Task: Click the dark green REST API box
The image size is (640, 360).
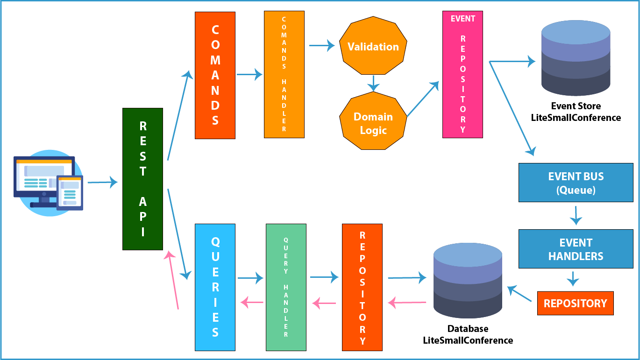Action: tap(142, 179)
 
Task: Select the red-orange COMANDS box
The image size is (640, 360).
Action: tap(215, 75)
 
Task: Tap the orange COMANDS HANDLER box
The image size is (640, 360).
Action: tap(284, 75)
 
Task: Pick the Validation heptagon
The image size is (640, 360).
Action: tap(373, 46)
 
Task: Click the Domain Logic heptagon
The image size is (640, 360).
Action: tap(373, 121)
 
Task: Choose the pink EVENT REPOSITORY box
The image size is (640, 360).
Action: tap(462, 75)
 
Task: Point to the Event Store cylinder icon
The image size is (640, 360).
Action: tap(576, 58)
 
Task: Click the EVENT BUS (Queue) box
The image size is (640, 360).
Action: tap(576, 183)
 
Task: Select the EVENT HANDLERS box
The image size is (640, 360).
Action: tap(576, 249)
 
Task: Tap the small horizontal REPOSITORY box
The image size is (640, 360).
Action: tap(576, 303)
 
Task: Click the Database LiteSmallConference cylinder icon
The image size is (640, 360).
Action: tap(468, 281)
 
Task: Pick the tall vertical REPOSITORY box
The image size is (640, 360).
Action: tap(362, 287)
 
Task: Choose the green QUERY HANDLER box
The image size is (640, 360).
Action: tap(286, 287)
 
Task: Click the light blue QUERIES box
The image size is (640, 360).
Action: tap(215, 287)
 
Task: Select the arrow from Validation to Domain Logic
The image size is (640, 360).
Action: tap(373, 84)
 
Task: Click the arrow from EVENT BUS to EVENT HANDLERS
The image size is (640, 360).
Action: tap(576, 216)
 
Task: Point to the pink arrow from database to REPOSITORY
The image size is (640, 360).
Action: tap(407, 303)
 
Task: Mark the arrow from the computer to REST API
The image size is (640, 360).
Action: tap(103, 182)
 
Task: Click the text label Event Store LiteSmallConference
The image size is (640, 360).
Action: tap(576, 112)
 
